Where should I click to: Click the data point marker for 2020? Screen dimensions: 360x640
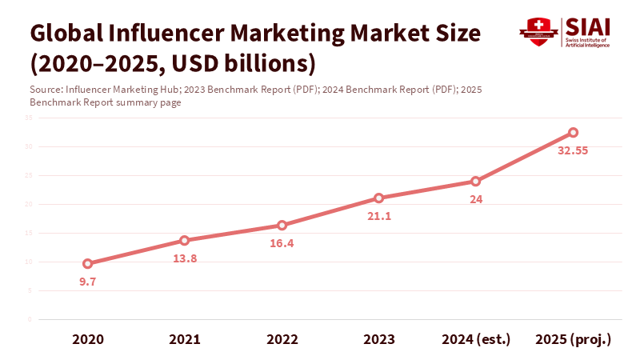[88, 263]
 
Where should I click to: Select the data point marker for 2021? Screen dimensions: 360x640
[185, 240]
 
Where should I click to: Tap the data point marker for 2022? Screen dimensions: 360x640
[282, 226]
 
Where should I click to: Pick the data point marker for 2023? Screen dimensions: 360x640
[378, 198]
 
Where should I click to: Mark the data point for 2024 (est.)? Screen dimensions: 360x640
[475, 181]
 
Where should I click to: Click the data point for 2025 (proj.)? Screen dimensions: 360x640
[573, 132]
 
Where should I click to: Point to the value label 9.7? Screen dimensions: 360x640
[88, 282]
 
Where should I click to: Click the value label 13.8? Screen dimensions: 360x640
[185, 258]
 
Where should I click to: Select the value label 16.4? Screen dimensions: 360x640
[282, 244]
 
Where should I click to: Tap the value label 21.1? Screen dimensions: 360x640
[378, 216]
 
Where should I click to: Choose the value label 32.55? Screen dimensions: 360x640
[573, 150]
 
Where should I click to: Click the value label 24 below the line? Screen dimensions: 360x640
[475, 199]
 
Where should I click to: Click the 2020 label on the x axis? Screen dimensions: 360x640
[88, 339]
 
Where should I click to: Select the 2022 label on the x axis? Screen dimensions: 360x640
[282, 339]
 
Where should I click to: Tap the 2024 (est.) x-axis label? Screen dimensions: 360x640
[475, 339]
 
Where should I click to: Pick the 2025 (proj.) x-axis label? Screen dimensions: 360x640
[573, 339]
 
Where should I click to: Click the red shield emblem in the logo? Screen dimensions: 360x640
[538, 32]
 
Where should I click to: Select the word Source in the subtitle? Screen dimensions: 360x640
[46, 90]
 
